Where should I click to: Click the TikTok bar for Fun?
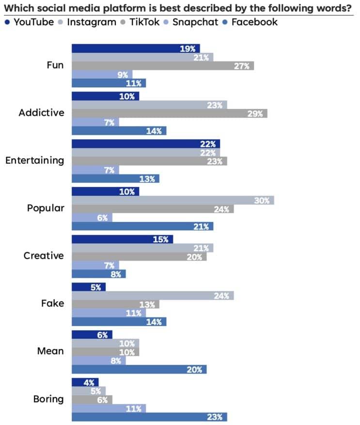coord(162,65)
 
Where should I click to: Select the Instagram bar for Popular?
coord(172,200)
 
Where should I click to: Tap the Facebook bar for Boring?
coord(149,417)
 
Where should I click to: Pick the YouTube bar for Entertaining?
coord(145,144)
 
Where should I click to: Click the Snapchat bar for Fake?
coord(109,313)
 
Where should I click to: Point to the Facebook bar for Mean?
coord(139,369)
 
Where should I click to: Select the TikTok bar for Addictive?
coord(169,113)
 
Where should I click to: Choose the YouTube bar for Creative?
coord(122,239)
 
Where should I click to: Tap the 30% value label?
coord(262,201)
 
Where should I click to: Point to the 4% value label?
coord(90,382)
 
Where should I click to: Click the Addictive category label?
coord(41,113)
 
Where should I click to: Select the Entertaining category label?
coord(34,160)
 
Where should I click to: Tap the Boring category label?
coord(48,399)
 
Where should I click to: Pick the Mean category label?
coord(50,351)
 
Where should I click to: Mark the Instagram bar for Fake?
coord(152,296)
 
